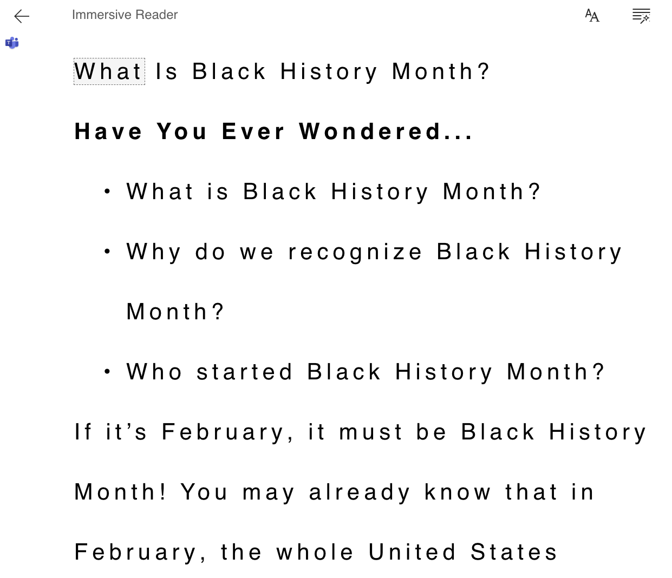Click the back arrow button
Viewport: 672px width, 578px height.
pyautogui.click(x=22, y=16)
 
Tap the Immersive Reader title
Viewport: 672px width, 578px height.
pyautogui.click(x=125, y=15)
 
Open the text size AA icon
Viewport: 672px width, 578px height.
pyautogui.click(x=592, y=16)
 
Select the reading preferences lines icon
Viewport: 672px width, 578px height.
pyautogui.click(x=641, y=16)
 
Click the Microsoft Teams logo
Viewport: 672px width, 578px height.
pyautogui.click(x=12, y=43)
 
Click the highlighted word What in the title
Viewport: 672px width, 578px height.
pyautogui.click(x=109, y=71)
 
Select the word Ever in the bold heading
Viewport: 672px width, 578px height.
pyautogui.click(x=253, y=132)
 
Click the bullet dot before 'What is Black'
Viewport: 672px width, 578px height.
pyautogui.click(x=108, y=191)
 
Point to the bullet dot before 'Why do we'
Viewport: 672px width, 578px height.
pyautogui.click(x=108, y=251)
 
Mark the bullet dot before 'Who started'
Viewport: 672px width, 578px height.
pyautogui.click(x=108, y=371)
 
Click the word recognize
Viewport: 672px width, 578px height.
pyautogui.click(x=355, y=252)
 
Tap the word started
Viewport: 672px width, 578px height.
pyautogui.click(x=245, y=372)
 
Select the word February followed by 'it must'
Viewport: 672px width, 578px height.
pyautogui.click(x=227, y=432)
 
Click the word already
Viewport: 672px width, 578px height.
pyautogui.click(x=360, y=492)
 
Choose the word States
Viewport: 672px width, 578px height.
pyautogui.click(x=514, y=553)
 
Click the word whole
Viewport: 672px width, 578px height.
pyautogui.click(x=315, y=553)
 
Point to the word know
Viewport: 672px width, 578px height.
pyautogui.click(x=458, y=492)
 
